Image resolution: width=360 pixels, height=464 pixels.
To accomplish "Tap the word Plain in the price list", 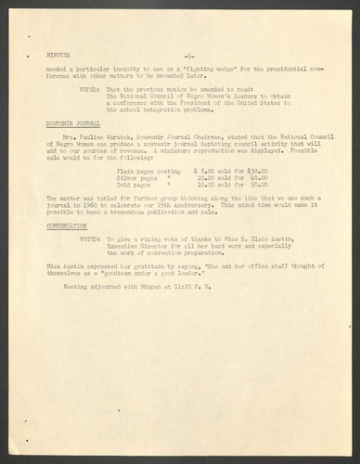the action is coord(119,173).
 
